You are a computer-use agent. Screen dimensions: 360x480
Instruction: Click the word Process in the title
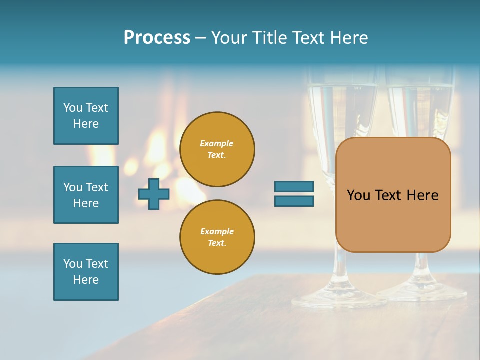tap(157, 38)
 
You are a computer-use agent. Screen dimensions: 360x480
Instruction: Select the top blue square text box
tap(86, 116)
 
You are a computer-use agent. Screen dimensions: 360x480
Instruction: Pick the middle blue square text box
tap(86, 195)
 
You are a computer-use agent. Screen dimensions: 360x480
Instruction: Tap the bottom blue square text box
tap(86, 272)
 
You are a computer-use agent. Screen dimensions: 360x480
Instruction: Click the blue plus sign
tap(154, 194)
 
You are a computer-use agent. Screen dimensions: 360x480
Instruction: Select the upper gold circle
tap(217, 149)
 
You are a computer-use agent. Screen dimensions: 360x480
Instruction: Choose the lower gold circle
tap(217, 237)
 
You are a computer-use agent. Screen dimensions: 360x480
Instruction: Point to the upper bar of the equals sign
tap(294, 186)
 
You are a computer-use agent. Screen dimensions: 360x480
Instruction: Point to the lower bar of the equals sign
tap(294, 201)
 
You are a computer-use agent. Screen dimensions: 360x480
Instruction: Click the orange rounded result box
tap(393, 195)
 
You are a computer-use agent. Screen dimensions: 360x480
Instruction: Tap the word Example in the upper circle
tap(217, 143)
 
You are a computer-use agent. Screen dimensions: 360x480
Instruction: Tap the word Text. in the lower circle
tap(217, 243)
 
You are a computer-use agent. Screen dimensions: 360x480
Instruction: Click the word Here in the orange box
tap(423, 195)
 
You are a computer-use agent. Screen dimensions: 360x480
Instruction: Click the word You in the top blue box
tap(73, 108)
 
